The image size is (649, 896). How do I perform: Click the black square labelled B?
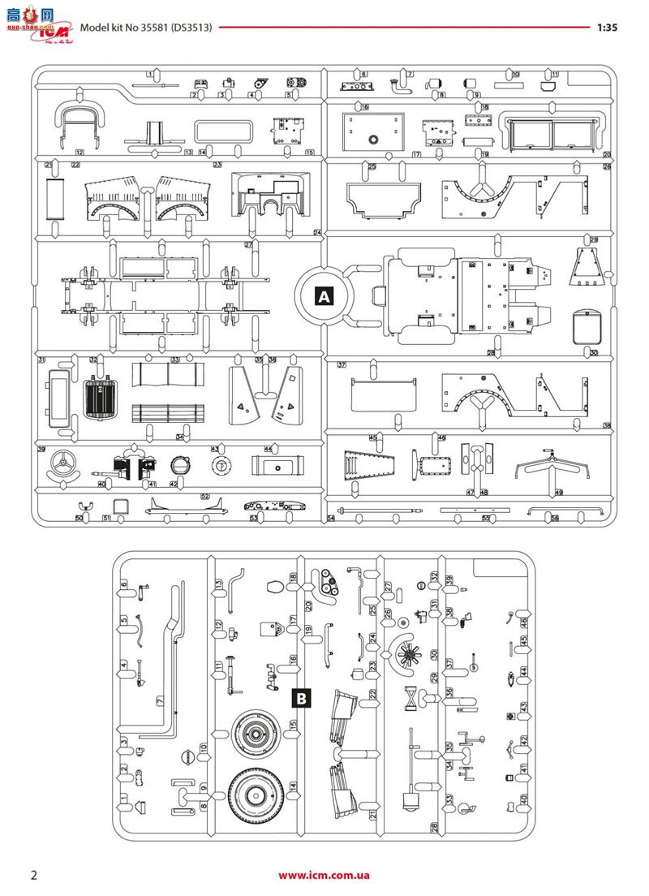(x=301, y=696)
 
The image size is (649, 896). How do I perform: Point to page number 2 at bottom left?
(x=33, y=874)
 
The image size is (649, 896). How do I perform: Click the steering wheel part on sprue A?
(x=61, y=466)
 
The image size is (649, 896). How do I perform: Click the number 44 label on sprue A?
(x=268, y=449)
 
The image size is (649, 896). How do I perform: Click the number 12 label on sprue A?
(x=80, y=153)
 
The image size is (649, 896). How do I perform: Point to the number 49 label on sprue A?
(x=559, y=493)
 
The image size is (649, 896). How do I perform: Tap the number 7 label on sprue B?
(x=160, y=700)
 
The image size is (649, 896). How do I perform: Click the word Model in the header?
(x=94, y=27)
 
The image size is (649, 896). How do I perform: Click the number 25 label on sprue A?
(x=372, y=166)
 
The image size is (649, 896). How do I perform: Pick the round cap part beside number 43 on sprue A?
(x=218, y=466)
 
